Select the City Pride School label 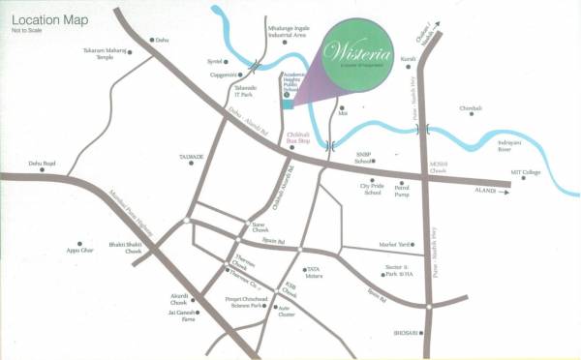[372, 188]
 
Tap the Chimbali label [470, 108]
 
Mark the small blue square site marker [287, 105]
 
